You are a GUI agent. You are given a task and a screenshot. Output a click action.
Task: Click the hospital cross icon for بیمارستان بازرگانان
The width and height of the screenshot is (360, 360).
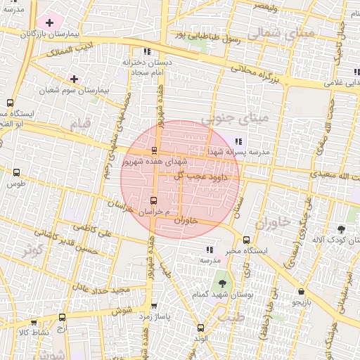point(49,23)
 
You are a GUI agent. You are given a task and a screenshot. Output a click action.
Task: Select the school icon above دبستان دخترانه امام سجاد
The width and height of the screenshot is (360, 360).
point(146,51)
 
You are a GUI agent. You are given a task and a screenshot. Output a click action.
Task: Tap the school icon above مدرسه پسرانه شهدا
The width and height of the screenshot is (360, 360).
point(240,141)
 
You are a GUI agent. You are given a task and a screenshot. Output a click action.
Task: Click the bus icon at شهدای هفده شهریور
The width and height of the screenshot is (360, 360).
point(154,150)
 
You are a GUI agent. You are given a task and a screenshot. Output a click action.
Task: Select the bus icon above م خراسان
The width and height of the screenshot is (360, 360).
point(153,200)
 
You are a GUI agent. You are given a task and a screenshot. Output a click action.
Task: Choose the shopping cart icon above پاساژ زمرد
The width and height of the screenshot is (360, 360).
point(154,306)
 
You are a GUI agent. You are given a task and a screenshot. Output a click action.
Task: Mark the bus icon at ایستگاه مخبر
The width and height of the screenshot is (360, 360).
point(245,240)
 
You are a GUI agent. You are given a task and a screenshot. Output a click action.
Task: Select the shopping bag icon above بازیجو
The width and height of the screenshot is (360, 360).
point(301,292)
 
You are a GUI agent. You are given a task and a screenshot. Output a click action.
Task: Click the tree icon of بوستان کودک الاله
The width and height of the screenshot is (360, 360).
point(341,229)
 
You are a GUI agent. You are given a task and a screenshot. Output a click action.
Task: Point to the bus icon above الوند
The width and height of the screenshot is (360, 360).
point(201,328)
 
